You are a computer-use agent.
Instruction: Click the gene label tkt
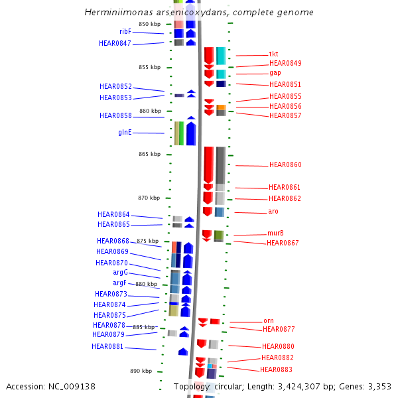274,54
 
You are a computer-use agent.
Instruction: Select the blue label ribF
125,31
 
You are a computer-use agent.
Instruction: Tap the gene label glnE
125,132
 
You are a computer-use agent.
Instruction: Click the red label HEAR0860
285,165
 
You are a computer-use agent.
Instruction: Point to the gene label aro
273,211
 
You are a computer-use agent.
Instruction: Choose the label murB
275,233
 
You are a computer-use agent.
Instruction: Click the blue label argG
120,273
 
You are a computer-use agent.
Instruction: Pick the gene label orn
268,321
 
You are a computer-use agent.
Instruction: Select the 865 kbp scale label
150,154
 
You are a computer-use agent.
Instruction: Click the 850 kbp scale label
149,25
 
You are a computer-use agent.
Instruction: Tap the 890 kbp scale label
141,371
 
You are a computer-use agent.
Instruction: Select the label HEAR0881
107,346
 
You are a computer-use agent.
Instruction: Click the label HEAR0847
115,44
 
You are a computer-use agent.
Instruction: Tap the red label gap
275,72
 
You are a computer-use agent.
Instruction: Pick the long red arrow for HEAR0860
208,165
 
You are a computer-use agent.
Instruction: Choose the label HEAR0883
276,369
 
